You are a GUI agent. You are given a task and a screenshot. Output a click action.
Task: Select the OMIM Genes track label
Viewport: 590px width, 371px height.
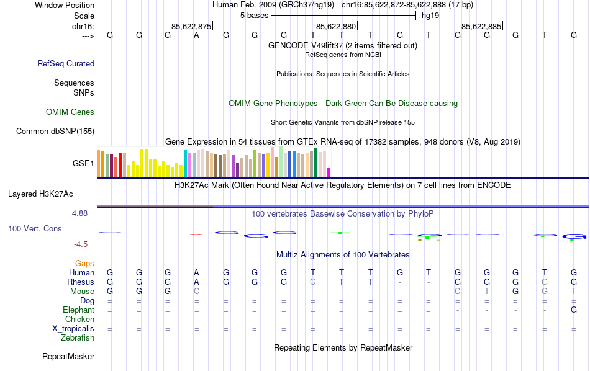pyautogui.click(x=70, y=112)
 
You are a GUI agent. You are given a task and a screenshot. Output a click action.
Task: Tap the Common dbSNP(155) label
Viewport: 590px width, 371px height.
pyautogui.click(x=55, y=131)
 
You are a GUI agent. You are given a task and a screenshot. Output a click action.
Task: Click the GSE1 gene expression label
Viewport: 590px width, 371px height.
pyautogui.click(x=83, y=164)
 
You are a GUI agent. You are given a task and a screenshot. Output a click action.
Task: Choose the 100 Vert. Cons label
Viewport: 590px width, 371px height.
pyautogui.click(x=35, y=229)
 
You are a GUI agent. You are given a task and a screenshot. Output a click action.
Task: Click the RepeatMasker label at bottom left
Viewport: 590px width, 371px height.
pyautogui.click(x=68, y=357)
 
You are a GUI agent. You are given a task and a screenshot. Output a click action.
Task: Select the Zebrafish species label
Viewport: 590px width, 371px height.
pyautogui.click(x=78, y=338)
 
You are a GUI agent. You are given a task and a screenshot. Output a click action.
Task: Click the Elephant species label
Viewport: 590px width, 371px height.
pyautogui.click(x=78, y=310)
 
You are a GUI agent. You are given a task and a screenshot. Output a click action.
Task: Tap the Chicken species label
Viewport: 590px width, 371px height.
pyautogui.click(x=79, y=320)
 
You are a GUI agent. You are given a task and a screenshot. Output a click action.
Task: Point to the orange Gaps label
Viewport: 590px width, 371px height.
pyautogui.click(x=84, y=264)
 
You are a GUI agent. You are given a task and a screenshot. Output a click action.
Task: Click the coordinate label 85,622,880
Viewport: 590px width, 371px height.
pyautogui.click(x=336, y=26)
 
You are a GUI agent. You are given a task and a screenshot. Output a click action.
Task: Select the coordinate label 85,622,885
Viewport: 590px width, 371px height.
pyautogui.click(x=481, y=26)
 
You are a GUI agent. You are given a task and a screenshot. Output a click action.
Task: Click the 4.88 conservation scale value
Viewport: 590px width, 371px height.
pyautogui.click(x=81, y=213)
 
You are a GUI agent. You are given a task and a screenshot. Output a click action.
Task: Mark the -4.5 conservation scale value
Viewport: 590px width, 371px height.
pyautogui.click(x=80, y=244)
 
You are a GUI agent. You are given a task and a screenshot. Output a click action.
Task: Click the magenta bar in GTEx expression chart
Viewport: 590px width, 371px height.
pyautogui.click(x=329, y=172)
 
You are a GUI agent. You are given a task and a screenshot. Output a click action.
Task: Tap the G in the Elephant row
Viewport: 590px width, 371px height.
pyautogui.click(x=574, y=310)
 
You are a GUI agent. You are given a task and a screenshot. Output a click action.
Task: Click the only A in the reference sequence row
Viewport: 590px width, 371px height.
pyautogui.click(x=196, y=35)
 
